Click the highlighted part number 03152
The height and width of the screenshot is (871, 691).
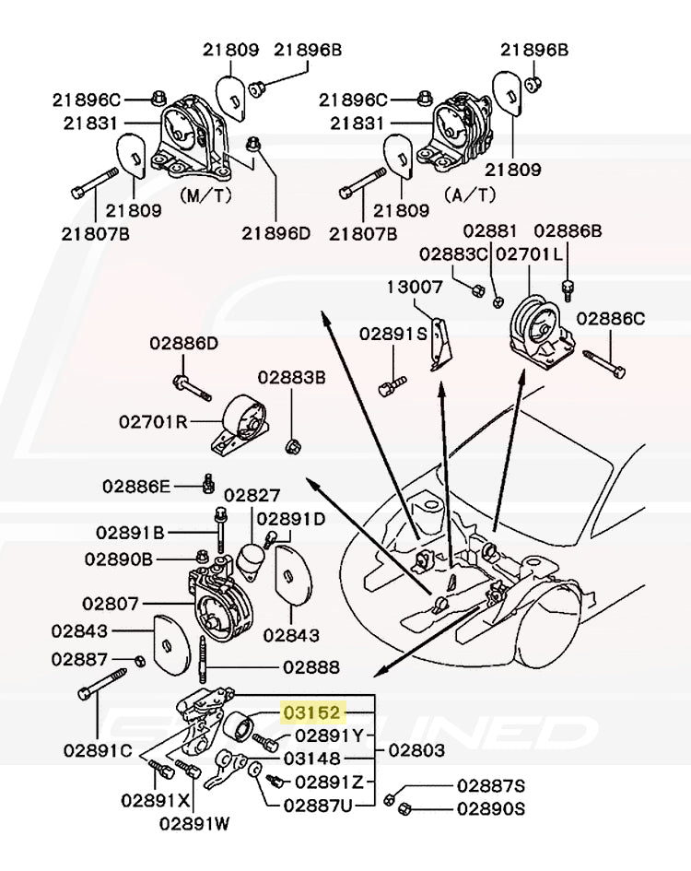tap(313, 712)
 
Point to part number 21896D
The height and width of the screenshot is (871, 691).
tap(277, 233)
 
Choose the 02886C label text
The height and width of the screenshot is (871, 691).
tap(611, 319)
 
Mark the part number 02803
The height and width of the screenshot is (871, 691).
tap(416, 751)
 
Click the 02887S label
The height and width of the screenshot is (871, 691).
tap(490, 785)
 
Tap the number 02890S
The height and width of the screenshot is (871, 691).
tap(490, 808)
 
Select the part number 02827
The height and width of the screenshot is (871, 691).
tap(252, 495)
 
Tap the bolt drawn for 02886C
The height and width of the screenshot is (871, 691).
tap(604, 363)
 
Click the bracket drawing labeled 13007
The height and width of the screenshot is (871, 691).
tap(443, 344)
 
